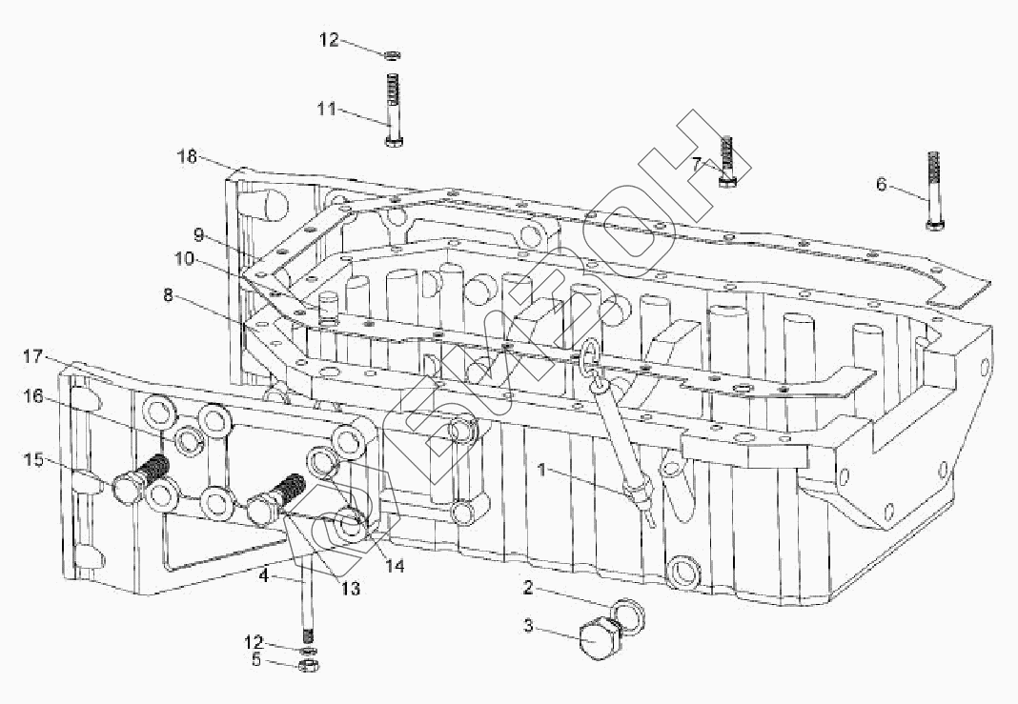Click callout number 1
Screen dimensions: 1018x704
541,469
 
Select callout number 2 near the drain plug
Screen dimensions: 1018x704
527,588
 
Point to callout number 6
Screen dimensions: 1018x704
882,184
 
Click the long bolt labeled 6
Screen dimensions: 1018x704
932,193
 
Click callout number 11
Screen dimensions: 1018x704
327,110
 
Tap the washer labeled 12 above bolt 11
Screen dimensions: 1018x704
392,53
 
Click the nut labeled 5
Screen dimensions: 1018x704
307,664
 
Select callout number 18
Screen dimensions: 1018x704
189,154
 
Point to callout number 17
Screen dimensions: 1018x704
34,357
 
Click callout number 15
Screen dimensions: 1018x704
34,460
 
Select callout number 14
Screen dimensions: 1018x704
395,566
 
